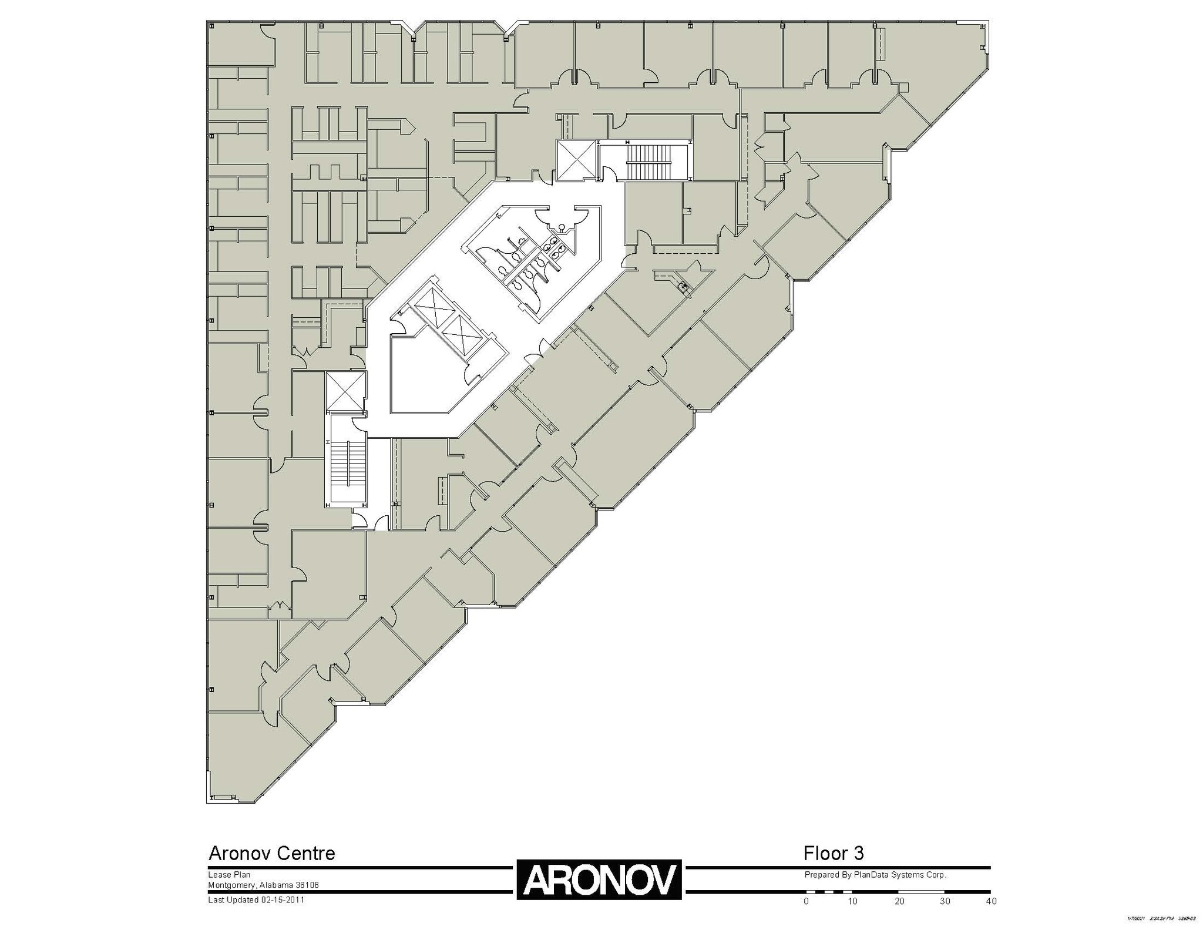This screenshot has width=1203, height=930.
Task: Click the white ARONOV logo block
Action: click(599, 879)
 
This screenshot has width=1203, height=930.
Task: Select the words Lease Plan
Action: click(229, 875)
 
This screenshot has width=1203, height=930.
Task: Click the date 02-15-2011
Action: click(283, 899)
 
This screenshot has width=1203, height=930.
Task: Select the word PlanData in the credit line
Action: click(873, 875)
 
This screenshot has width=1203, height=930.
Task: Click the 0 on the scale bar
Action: click(806, 901)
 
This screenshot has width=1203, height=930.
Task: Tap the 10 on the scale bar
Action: click(852, 901)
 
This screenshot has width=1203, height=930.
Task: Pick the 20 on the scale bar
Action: click(899, 901)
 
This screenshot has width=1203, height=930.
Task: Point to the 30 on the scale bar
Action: click(945, 901)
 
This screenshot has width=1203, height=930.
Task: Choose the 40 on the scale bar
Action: click(991, 901)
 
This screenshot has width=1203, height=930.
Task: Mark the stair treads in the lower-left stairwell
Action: click(348, 464)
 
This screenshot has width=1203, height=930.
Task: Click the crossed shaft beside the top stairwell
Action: click(577, 159)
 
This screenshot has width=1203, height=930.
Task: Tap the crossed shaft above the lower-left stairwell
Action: click(345, 391)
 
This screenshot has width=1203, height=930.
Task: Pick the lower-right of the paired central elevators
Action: click(461, 334)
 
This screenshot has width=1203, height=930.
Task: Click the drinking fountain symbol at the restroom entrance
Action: click(562, 226)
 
